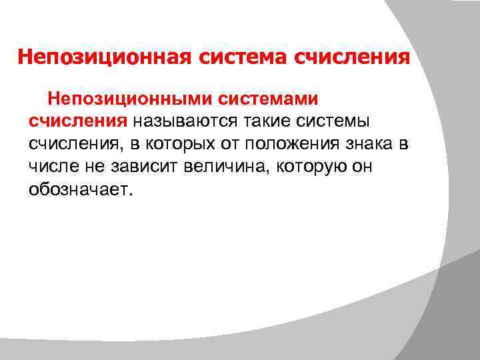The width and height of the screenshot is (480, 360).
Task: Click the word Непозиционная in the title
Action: [x=105, y=57]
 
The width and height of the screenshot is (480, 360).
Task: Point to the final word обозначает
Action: [x=81, y=190]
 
